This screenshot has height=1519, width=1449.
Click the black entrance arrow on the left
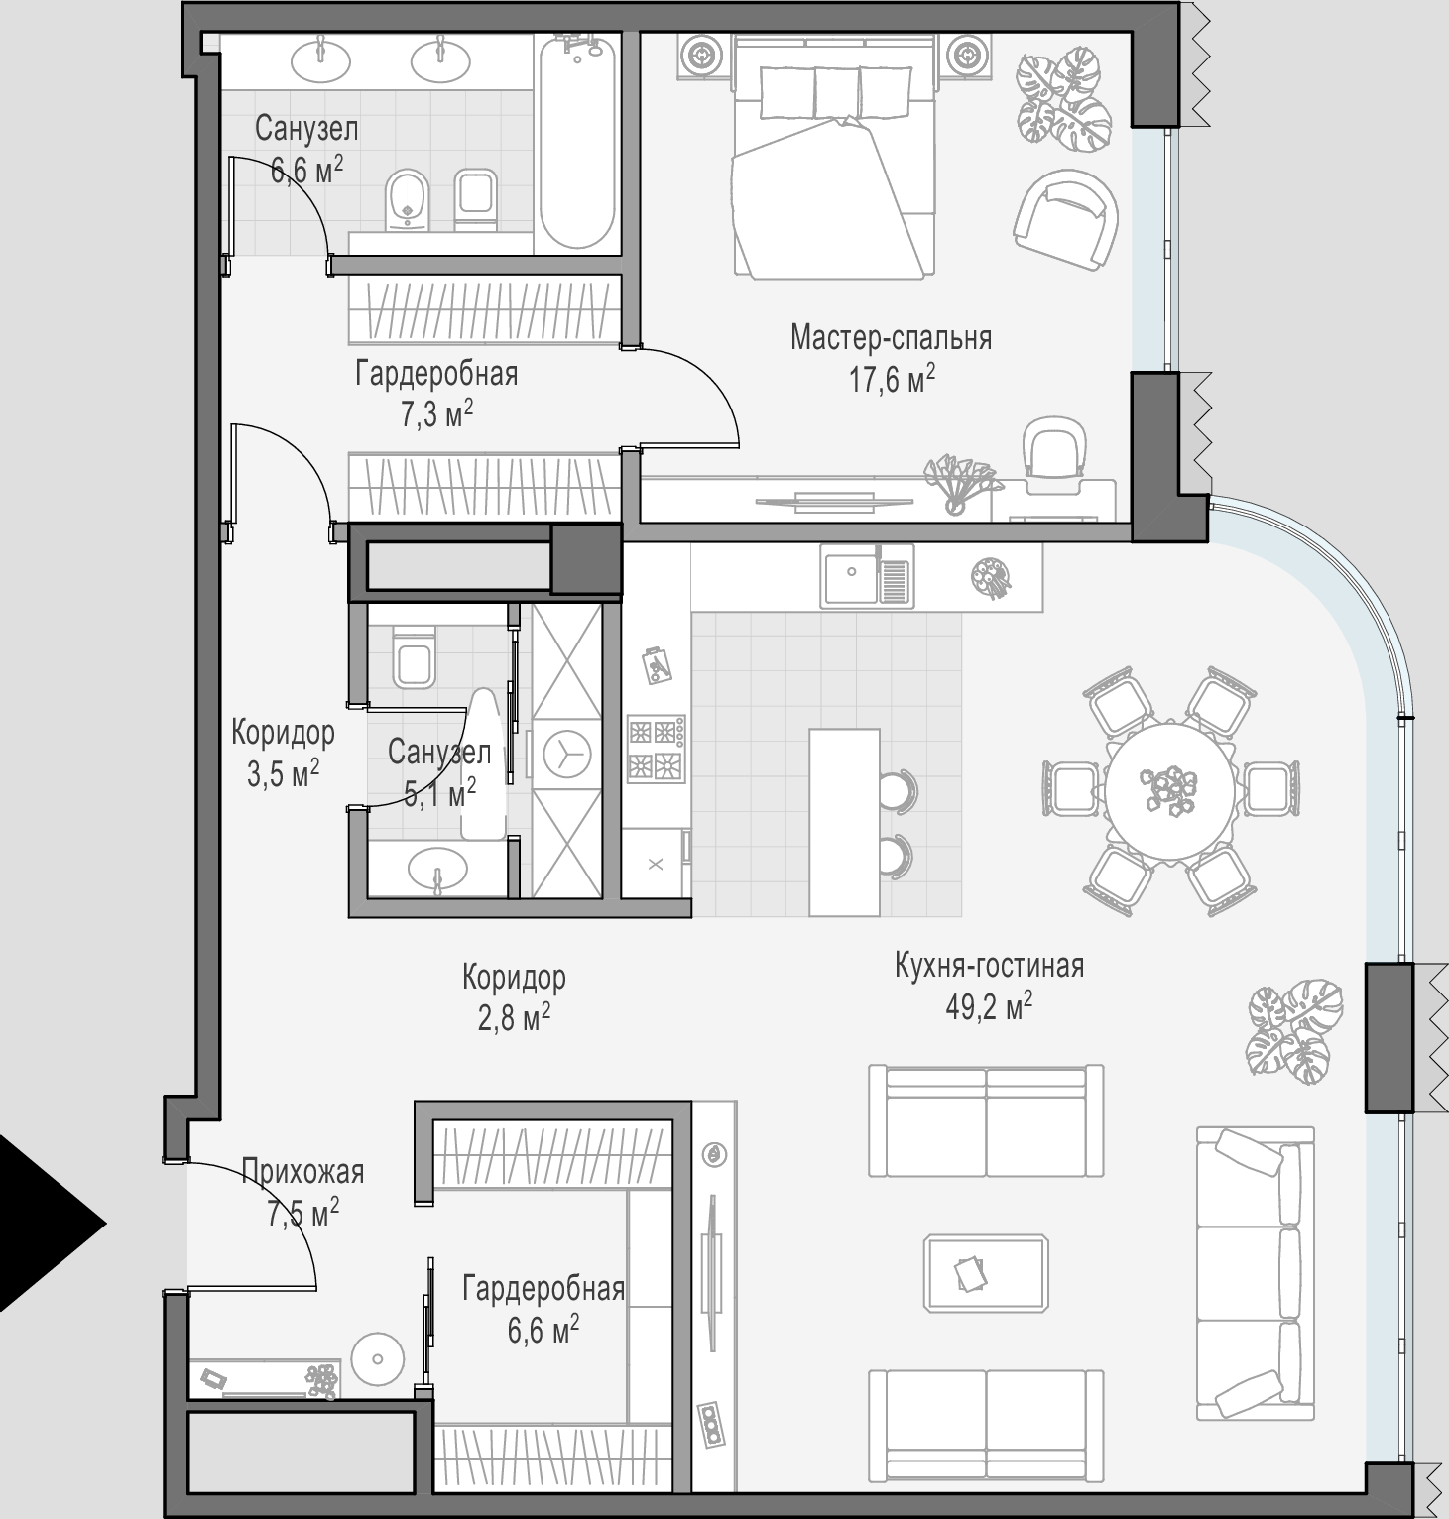click(x=45, y=1224)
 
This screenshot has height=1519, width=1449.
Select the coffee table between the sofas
click(x=986, y=1274)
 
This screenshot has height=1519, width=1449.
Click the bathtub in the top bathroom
click(x=576, y=143)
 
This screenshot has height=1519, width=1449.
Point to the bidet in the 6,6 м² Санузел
click(x=406, y=197)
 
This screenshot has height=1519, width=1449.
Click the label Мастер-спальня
click(x=891, y=338)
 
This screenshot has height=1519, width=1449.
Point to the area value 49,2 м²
click(x=989, y=1008)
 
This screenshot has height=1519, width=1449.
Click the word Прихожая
click(x=303, y=1172)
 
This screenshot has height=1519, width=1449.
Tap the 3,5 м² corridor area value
click(x=283, y=774)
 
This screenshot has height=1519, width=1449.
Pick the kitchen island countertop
click(x=844, y=822)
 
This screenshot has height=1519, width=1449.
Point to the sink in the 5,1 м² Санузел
click(x=436, y=870)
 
